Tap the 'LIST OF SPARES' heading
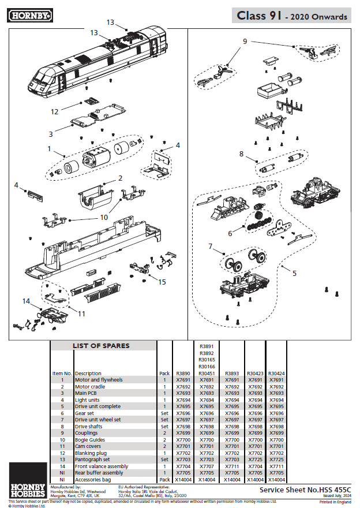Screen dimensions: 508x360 101,346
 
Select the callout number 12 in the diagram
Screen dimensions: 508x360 55,111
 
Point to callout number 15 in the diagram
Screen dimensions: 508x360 162,281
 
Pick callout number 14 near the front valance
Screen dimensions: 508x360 26,301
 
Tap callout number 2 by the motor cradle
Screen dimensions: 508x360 120,178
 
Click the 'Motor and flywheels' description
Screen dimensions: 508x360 99,380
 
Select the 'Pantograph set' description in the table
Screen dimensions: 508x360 92,460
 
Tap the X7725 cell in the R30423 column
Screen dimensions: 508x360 255,460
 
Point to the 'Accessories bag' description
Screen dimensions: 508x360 93,479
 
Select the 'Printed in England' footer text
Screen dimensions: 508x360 334,502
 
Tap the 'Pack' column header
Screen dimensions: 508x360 164,373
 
